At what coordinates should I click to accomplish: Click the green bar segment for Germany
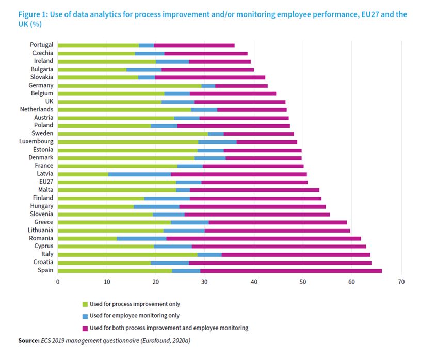click(x=129, y=85)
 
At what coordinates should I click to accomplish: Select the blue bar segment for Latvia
click(x=139, y=174)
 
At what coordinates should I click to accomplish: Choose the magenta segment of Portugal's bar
click(x=194, y=45)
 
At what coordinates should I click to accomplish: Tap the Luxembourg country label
click(x=36, y=141)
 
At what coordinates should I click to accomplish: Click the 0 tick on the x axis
click(x=58, y=282)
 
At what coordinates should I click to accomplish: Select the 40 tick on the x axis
click(x=253, y=282)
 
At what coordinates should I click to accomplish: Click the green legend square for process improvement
click(x=85, y=304)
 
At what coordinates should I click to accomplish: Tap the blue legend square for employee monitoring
click(x=85, y=316)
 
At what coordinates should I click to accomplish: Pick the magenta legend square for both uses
click(x=85, y=328)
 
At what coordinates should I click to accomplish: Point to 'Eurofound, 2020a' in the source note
click(x=173, y=341)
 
